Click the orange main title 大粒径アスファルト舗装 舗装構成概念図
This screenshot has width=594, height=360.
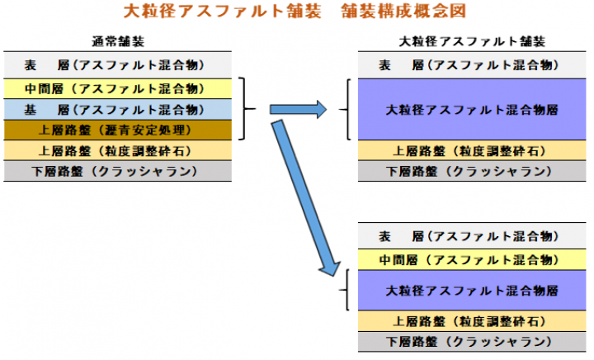(296, 12)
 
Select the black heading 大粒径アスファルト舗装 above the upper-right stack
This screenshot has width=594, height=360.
(472, 41)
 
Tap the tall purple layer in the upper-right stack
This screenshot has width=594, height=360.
(472, 109)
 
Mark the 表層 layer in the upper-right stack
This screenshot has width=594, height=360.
(472, 65)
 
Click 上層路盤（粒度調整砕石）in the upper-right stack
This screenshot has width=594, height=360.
(472, 150)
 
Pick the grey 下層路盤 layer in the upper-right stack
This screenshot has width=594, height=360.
(472, 171)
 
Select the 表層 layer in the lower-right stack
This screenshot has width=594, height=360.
(472, 237)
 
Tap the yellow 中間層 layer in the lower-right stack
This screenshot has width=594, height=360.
(472, 259)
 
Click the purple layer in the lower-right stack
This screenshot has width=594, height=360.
(472, 291)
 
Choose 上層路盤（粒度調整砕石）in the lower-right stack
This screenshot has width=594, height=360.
(472, 322)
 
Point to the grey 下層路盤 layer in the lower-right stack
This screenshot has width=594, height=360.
(472, 342)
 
